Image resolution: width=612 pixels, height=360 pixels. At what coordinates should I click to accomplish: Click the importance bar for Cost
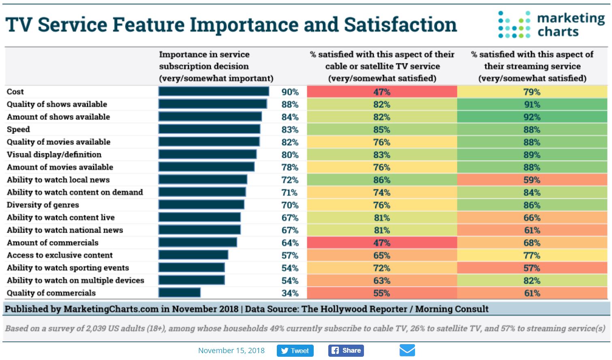[x=214, y=92]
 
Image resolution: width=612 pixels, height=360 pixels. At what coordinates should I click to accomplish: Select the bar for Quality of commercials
[x=180, y=293]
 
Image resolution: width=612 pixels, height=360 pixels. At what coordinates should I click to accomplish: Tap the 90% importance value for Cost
[x=290, y=92]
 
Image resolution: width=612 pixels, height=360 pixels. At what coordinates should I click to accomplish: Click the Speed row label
[x=18, y=129]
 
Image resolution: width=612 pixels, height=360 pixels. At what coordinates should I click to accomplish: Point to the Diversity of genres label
[x=43, y=205]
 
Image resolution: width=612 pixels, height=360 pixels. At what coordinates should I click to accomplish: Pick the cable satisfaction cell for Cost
[x=382, y=92]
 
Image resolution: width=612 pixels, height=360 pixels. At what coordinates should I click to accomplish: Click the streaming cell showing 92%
[x=532, y=117]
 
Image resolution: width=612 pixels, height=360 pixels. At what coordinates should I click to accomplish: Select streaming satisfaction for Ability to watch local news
[x=532, y=180]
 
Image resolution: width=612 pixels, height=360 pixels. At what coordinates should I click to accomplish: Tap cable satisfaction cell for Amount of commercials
[x=382, y=243]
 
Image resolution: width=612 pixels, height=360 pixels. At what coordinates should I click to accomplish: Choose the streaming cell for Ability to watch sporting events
[x=532, y=268]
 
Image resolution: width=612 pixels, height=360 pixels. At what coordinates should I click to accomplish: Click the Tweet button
[x=295, y=351]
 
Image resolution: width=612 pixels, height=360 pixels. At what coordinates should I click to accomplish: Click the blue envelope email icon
[x=407, y=350]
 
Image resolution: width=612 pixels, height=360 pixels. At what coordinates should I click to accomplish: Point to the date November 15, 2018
[x=231, y=351]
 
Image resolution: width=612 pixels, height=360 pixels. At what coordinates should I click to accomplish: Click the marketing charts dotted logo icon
[x=514, y=25]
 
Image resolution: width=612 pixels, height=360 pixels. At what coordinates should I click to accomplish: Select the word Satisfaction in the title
[x=400, y=25]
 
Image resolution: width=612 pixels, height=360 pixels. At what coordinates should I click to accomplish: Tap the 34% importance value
[x=290, y=293]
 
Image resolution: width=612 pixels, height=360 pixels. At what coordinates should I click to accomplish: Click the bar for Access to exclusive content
[x=193, y=255]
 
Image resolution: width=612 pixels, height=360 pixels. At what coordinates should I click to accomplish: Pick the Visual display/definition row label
[x=54, y=154]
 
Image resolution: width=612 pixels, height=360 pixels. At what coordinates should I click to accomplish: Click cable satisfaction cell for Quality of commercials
[x=382, y=293]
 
